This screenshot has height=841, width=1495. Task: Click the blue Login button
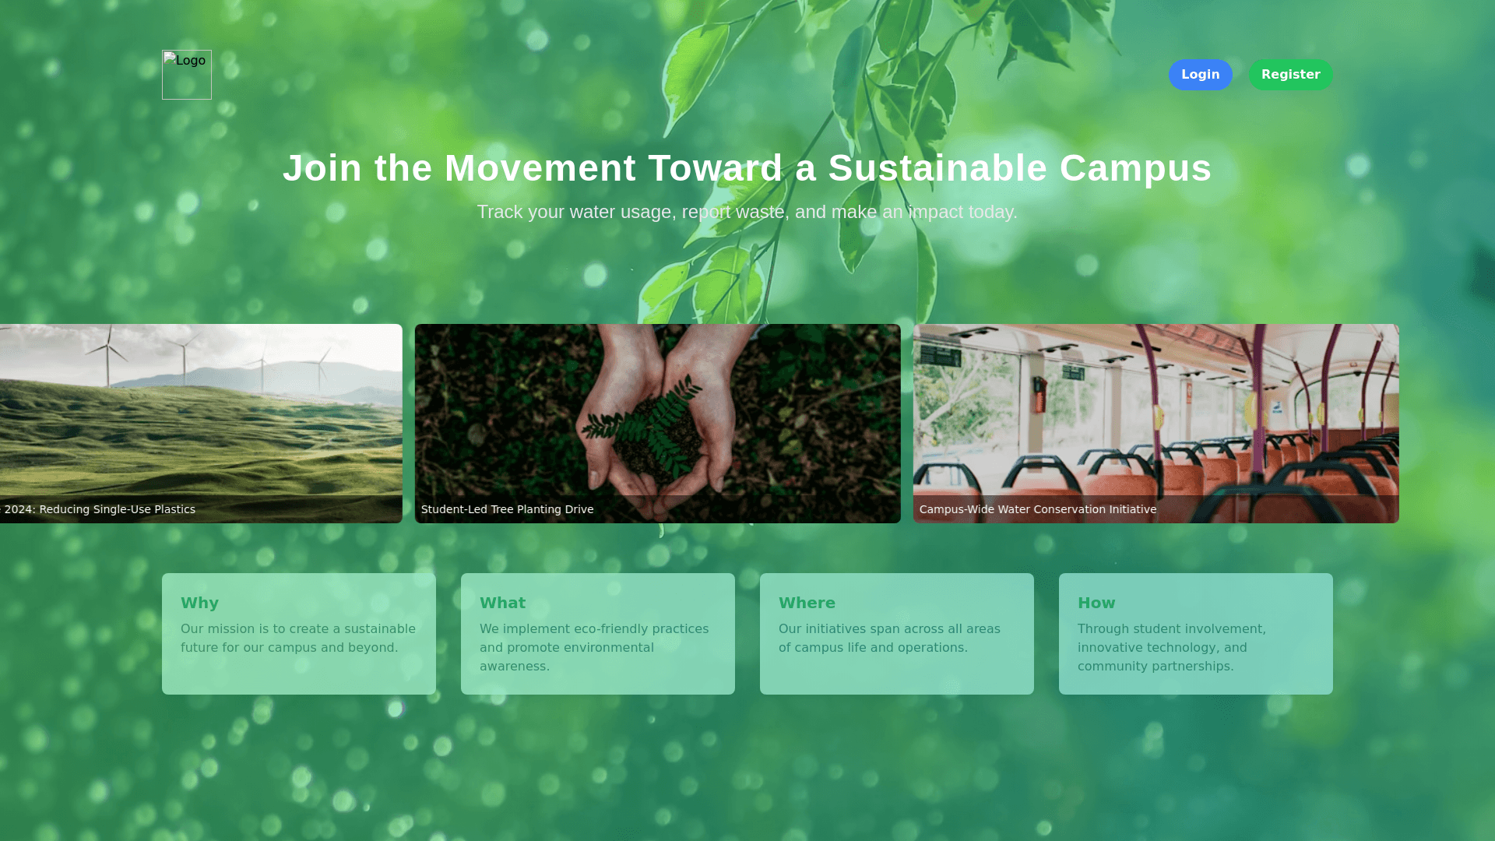[x=1200, y=75]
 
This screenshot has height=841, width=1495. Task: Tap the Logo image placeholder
[x=187, y=75]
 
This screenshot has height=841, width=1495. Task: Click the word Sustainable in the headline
[x=937, y=168]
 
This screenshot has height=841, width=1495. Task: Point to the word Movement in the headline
[x=540, y=168]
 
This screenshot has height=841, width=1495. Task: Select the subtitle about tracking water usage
[x=747, y=212]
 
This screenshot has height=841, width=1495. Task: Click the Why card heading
[x=199, y=603]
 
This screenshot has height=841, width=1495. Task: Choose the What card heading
[x=502, y=603]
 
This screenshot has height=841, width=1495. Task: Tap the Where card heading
[x=807, y=603]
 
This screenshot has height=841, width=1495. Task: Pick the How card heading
[x=1096, y=603]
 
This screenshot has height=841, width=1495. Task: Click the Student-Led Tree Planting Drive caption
[x=507, y=509]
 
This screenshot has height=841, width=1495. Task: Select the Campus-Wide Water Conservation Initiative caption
[x=1038, y=509]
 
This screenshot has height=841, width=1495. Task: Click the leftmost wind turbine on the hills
[x=109, y=355]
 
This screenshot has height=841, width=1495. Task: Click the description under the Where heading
[x=889, y=639]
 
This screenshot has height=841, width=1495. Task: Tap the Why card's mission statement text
[x=298, y=639]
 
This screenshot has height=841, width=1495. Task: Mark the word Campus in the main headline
[x=1135, y=168]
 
